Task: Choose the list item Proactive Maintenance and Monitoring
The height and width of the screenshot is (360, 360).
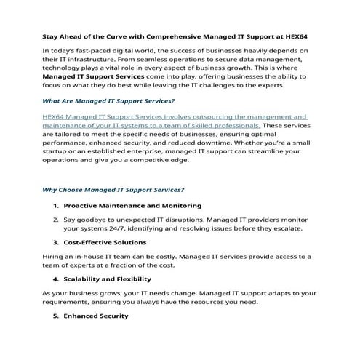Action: coord(132,206)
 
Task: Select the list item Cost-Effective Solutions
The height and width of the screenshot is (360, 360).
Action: coord(105,242)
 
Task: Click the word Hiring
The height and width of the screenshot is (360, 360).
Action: coord(55,256)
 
